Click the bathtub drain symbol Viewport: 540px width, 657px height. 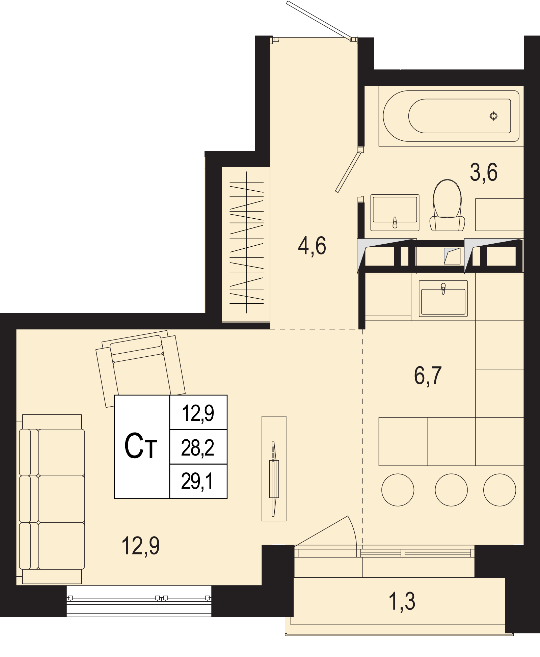tap(494, 116)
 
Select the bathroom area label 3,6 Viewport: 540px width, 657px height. tap(484, 172)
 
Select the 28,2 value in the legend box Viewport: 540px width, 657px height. tap(198, 448)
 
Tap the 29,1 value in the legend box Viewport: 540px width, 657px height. tap(197, 482)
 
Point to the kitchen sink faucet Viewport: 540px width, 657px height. tap(443, 289)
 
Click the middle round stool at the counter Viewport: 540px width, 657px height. tap(451, 490)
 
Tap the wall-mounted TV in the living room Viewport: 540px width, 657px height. tap(274, 479)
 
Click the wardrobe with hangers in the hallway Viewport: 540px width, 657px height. tap(246, 244)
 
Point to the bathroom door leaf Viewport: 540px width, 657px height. tap(348, 172)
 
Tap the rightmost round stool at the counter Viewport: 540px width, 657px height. tap(500, 490)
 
